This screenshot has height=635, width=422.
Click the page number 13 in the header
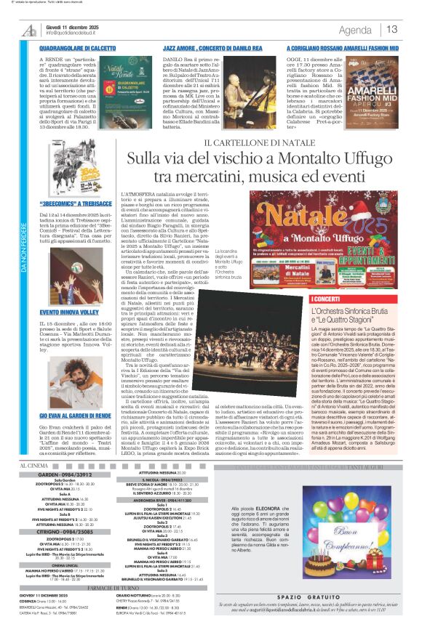391,30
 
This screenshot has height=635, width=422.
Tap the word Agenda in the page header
355,30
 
